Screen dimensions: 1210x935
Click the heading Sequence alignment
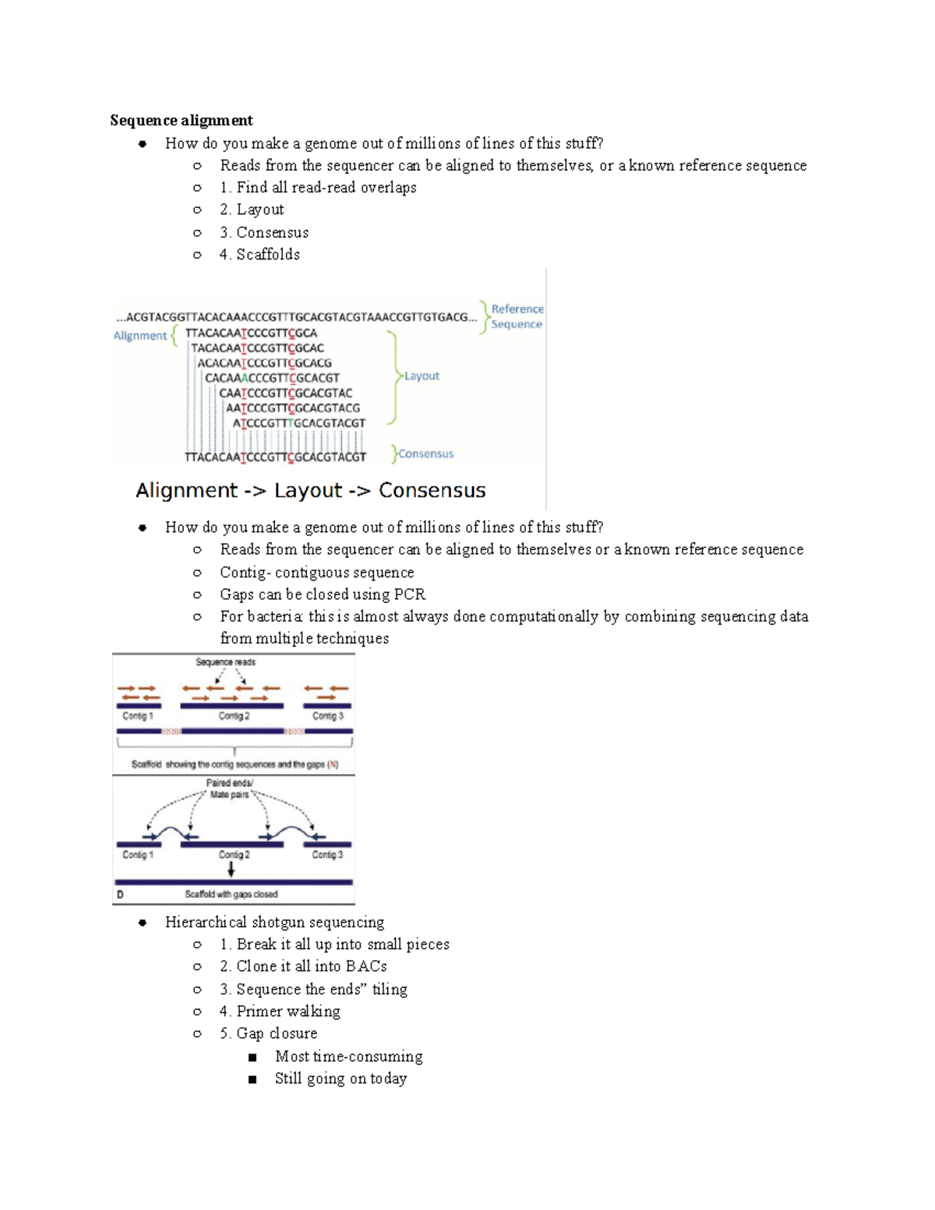[181, 120]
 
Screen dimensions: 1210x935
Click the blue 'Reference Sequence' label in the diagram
[517, 316]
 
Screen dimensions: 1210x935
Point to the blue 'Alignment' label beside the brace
[140, 336]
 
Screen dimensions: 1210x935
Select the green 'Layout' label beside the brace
[422, 376]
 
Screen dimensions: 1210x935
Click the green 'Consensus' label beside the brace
[425, 453]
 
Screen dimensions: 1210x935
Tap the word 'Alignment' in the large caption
[186, 490]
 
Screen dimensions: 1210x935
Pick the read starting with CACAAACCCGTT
[272, 378]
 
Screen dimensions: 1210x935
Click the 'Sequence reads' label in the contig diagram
[225, 662]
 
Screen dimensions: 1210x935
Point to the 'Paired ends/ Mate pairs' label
[229, 788]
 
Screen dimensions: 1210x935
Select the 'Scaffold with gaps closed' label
[231, 894]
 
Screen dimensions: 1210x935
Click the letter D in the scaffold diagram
[120, 894]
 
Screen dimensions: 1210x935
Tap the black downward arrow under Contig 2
[231, 870]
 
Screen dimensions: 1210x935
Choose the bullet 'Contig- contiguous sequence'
[316, 573]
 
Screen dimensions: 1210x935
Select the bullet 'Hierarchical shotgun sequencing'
[274, 922]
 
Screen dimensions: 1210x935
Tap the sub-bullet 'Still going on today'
[340, 1079]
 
